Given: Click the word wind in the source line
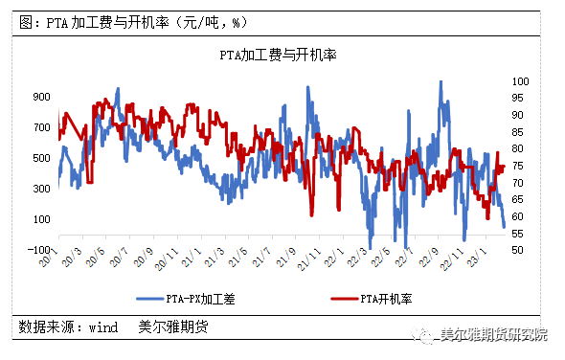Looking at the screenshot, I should [x=103, y=327].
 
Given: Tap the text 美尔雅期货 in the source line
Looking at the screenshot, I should [x=173, y=327].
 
